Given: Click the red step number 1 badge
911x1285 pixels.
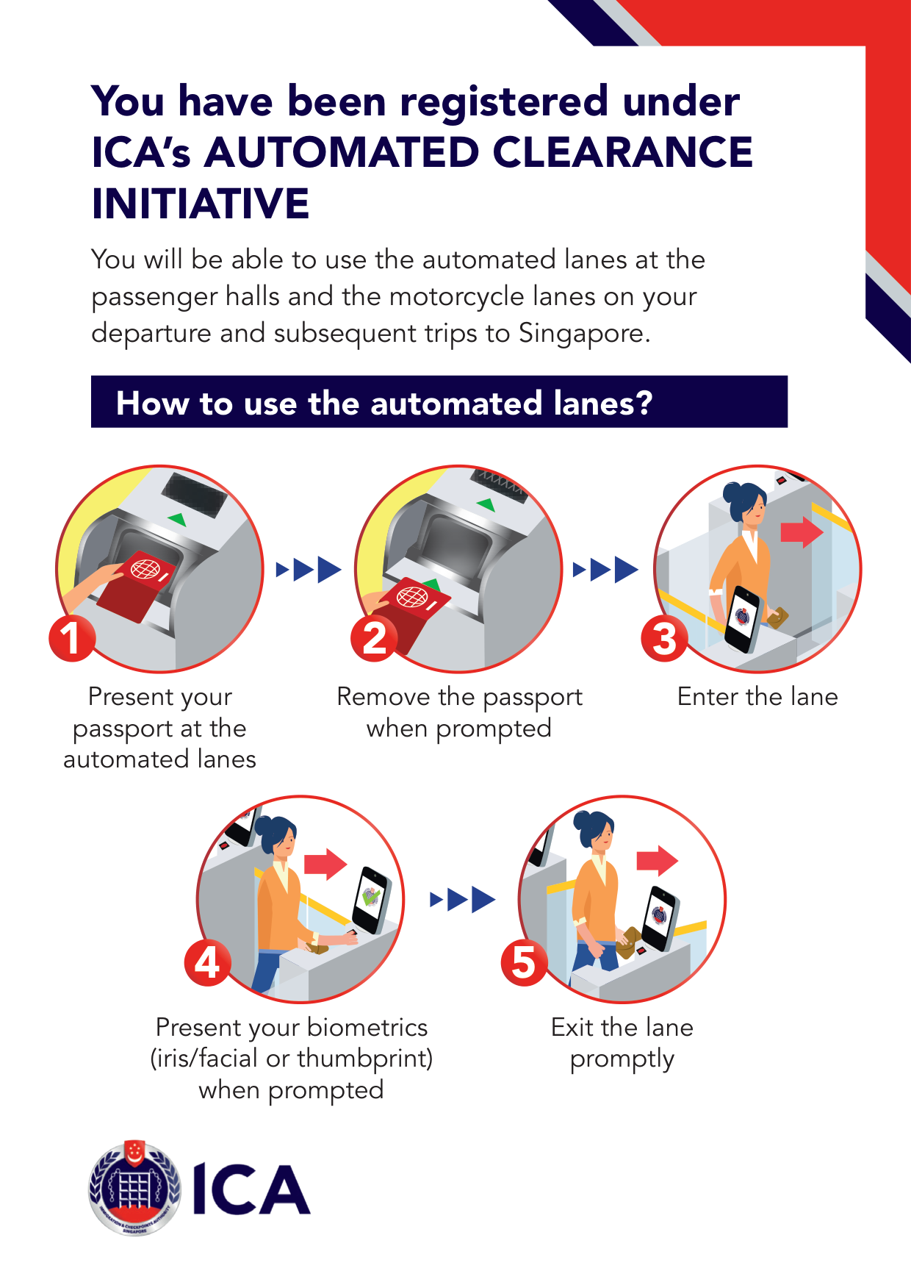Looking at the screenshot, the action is (72, 638).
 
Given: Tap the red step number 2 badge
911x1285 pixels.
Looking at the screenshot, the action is (374, 638).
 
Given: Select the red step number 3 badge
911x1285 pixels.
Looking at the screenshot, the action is (664, 638).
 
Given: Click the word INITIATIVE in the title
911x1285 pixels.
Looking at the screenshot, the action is (201, 204).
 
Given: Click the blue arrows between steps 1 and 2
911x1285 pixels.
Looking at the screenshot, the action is (309, 569).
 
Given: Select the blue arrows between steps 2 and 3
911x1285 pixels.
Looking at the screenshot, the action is (605, 569).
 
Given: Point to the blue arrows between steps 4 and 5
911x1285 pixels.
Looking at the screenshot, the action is (463, 899).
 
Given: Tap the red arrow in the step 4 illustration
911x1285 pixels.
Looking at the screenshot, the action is (325, 865).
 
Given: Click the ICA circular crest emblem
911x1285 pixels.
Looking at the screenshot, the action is (134, 1187).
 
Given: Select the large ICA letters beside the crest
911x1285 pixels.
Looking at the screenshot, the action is (251, 1190).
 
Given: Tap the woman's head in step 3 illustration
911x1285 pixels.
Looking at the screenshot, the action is (745, 504).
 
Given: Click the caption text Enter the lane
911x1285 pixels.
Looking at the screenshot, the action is (757, 696).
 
